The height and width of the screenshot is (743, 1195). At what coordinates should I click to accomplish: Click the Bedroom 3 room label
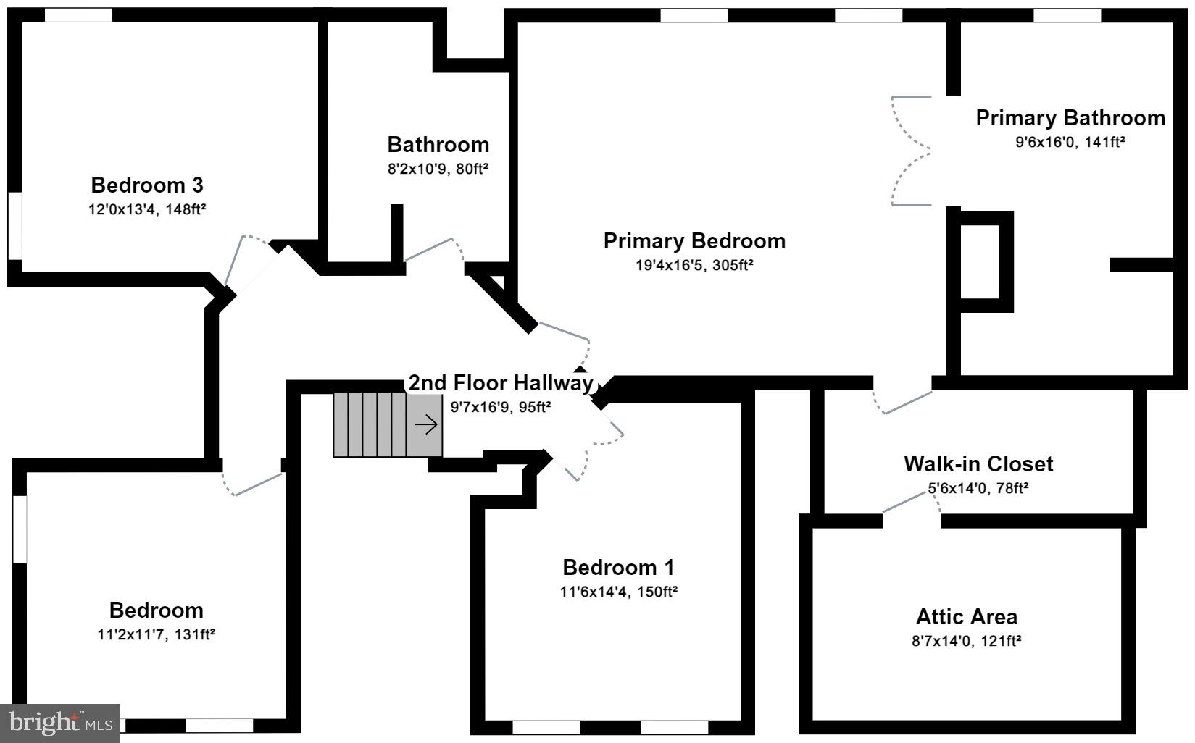[147, 185]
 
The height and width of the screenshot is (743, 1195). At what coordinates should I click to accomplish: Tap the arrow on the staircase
[426, 425]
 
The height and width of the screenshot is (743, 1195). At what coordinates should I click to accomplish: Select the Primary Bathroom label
[1070, 118]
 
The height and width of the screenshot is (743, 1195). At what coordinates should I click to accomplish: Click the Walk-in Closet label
[978, 463]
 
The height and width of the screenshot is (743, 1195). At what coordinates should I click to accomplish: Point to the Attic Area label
[966, 617]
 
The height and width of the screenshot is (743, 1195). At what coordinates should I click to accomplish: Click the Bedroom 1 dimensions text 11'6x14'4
[618, 592]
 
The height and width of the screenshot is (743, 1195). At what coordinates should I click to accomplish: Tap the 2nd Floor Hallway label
[500, 383]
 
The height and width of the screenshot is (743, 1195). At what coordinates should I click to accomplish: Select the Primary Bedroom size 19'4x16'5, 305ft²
[694, 265]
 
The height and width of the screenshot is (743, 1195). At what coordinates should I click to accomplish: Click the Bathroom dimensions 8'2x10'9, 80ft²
[438, 169]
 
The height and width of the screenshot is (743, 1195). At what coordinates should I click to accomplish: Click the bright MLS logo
[60, 722]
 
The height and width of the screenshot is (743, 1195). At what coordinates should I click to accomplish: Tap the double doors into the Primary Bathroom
[910, 151]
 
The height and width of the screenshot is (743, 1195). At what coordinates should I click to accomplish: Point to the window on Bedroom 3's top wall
[78, 15]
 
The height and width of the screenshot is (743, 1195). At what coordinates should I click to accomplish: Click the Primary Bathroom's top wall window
[1066, 15]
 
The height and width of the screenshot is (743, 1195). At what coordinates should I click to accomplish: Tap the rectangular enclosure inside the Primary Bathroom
[981, 261]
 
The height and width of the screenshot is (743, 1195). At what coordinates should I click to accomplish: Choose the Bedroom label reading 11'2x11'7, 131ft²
[156, 634]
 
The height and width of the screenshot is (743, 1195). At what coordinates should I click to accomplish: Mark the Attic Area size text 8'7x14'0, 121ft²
[966, 641]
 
